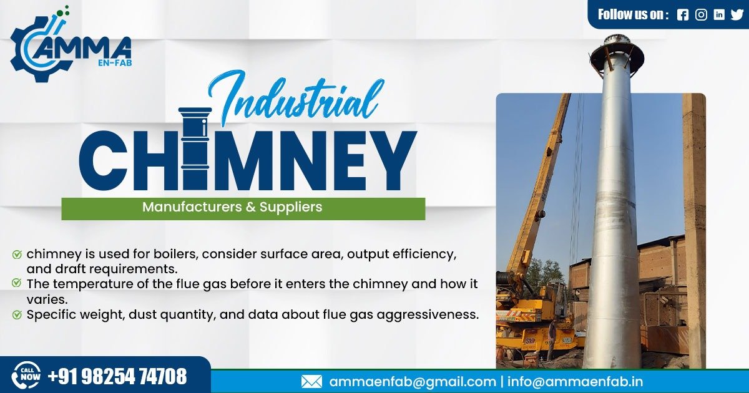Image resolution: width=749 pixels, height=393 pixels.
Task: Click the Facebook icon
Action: click(682, 15)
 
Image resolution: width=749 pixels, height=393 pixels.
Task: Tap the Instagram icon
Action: click(701, 15)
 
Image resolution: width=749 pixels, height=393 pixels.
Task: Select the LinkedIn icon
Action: click(719, 15)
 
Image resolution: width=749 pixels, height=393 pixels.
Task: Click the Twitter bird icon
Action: click(737, 15)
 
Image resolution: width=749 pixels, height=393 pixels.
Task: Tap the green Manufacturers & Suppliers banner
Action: click(243, 208)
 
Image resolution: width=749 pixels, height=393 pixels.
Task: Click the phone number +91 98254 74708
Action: click(117, 376)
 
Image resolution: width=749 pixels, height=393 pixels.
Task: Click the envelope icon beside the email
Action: click(311, 381)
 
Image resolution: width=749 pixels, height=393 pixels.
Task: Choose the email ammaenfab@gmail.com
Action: click(412, 381)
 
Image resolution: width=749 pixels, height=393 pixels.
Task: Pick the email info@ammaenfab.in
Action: click(575, 381)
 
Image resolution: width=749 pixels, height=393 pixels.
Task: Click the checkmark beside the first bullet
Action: click(17, 255)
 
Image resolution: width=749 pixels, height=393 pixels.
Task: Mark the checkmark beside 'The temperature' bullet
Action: click(17, 283)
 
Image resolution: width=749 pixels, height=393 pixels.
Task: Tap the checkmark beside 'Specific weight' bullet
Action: click(17, 314)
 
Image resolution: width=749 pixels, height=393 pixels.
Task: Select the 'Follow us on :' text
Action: click(633, 15)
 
